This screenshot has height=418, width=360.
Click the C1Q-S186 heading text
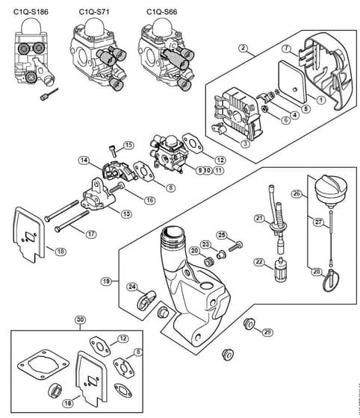pyautogui.click(x=31, y=12)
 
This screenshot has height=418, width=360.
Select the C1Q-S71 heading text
pyautogui.click(x=94, y=12)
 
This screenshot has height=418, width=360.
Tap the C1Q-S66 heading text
pyautogui.click(x=162, y=12)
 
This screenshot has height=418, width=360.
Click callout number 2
pyautogui.click(x=243, y=49)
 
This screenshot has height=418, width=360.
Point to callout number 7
pyautogui.click(x=287, y=49)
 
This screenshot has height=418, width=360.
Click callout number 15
pyautogui.click(x=128, y=146)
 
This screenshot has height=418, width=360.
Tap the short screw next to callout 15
pyautogui.click(x=113, y=152)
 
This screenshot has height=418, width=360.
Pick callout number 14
pyautogui.click(x=84, y=160)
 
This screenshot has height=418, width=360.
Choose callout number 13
pyautogui.click(x=126, y=213)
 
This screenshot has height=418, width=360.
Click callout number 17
pyautogui.click(x=91, y=234)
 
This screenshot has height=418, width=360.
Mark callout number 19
pyautogui.click(x=106, y=281)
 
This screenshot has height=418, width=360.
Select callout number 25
pyautogui.click(x=222, y=235)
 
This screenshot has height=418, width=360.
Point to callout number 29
pyautogui.click(x=267, y=332)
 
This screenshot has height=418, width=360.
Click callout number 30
pyautogui.click(x=80, y=319)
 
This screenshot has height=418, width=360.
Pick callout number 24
pyautogui.click(x=132, y=287)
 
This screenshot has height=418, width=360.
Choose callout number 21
pyautogui.click(x=259, y=218)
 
